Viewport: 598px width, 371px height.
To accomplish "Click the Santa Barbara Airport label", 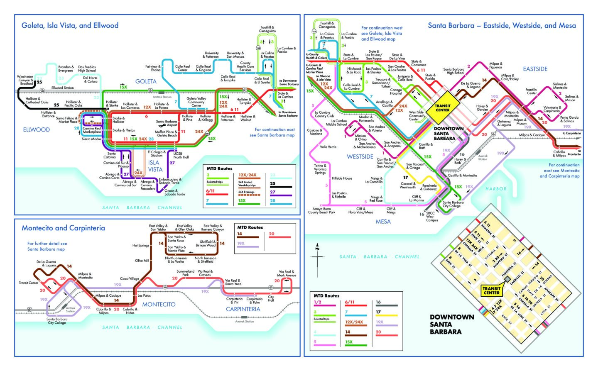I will pos(166,123).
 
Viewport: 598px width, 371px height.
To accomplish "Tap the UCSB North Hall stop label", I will pos(181,155).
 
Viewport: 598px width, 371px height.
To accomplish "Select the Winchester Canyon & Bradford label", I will pos(25,80).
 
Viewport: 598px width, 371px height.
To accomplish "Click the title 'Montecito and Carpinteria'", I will pos(63,228).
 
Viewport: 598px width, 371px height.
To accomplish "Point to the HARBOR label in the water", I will pos(496,189).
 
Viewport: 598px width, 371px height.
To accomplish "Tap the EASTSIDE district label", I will pos(535,69).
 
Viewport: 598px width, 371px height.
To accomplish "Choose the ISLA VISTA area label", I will pos(155,166).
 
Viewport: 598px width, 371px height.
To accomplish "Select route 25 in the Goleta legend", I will pos(272,183).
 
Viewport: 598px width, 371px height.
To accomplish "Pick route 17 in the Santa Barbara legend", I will pos(378,312).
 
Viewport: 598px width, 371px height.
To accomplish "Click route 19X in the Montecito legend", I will pos(241,243).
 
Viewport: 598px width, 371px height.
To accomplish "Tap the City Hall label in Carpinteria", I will pos(271,299).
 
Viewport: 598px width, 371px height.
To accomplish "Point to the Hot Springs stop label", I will pos(140,245).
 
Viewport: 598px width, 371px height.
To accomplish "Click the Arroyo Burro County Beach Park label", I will pos(321,210).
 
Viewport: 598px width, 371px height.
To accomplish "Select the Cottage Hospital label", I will pos(396,92).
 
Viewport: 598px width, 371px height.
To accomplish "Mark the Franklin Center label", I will pos(532,91).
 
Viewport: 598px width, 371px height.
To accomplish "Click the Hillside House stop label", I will pos(342,178).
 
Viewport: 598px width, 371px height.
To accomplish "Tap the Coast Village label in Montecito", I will pos(130,278).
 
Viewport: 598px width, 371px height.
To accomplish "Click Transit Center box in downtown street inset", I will pos(491,290).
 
